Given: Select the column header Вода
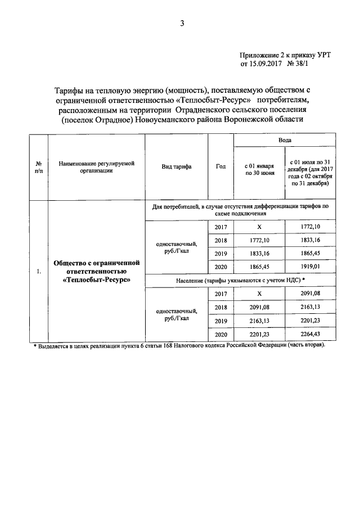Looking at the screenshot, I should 285,140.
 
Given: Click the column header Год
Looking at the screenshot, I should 220,166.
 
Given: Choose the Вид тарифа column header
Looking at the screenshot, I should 178,166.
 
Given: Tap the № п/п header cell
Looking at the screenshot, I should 38,166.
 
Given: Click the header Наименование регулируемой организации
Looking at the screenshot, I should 96,166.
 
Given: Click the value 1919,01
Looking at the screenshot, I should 310,267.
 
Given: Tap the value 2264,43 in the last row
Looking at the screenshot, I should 310,335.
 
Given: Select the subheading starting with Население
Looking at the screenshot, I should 241,280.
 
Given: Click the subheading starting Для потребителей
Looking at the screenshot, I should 241,210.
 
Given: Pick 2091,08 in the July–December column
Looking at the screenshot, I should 310,293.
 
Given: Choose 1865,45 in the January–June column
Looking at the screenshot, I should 259,267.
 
